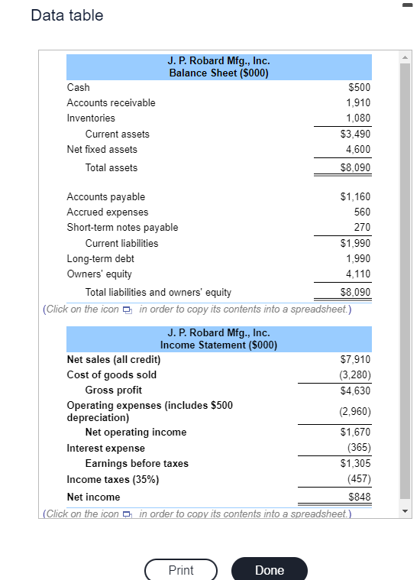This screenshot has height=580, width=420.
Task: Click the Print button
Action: [x=181, y=570]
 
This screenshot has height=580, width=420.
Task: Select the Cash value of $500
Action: [x=359, y=88]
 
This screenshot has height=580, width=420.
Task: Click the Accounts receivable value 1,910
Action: [x=358, y=102]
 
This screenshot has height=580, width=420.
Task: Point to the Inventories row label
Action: [x=91, y=118]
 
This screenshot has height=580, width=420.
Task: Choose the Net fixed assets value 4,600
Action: [x=358, y=150]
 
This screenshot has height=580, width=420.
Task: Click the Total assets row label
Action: [x=111, y=167]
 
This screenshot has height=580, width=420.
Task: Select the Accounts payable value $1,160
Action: [x=356, y=197]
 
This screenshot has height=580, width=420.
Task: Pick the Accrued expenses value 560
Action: [x=363, y=212]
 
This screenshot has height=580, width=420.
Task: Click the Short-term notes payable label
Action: [x=122, y=228]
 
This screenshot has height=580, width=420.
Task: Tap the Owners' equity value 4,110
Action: [x=358, y=274]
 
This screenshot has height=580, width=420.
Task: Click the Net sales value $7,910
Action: [x=356, y=359]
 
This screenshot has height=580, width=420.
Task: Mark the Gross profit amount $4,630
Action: [x=356, y=390]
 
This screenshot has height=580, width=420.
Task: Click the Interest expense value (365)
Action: [x=359, y=448]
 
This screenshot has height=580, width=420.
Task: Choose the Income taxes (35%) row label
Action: [x=113, y=480]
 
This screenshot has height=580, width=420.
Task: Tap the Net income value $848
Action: [x=360, y=497]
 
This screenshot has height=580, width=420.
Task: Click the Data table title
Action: [x=67, y=15]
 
